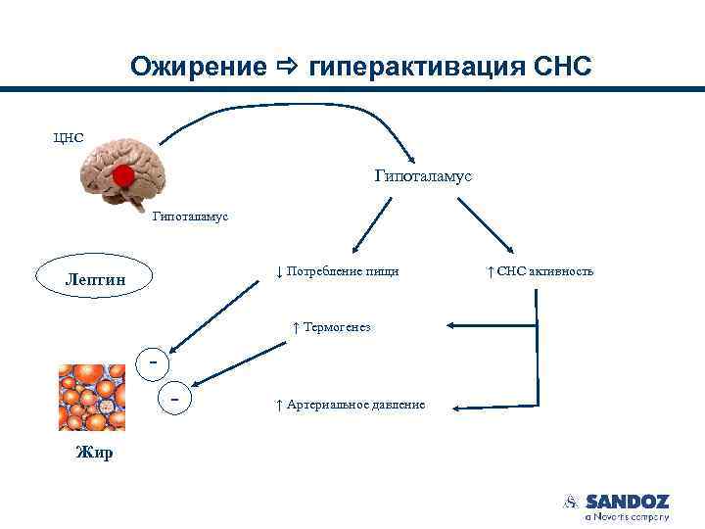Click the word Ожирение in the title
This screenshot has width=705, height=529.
click(199, 67)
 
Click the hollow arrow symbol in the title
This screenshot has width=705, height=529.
click(287, 67)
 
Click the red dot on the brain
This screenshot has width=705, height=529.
click(122, 176)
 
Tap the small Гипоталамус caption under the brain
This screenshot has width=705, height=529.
click(190, 216)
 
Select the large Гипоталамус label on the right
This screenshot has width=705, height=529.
click(423, 176)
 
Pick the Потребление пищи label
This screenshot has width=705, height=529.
click(337, 270)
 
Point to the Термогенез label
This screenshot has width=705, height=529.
click(331, 327)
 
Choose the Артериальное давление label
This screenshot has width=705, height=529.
click(350, 405)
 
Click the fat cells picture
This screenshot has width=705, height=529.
click(92, 398)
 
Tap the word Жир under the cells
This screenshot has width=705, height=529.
click(94, 453)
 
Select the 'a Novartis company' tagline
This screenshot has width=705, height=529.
click(627, 516)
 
